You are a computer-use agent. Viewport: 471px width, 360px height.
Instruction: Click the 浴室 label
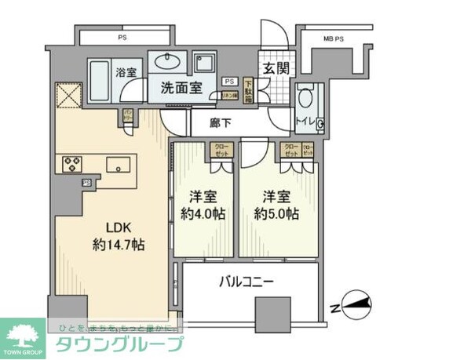[x=126, y=72]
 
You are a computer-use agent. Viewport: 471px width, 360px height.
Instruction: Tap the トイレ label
[x=305, y=121]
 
